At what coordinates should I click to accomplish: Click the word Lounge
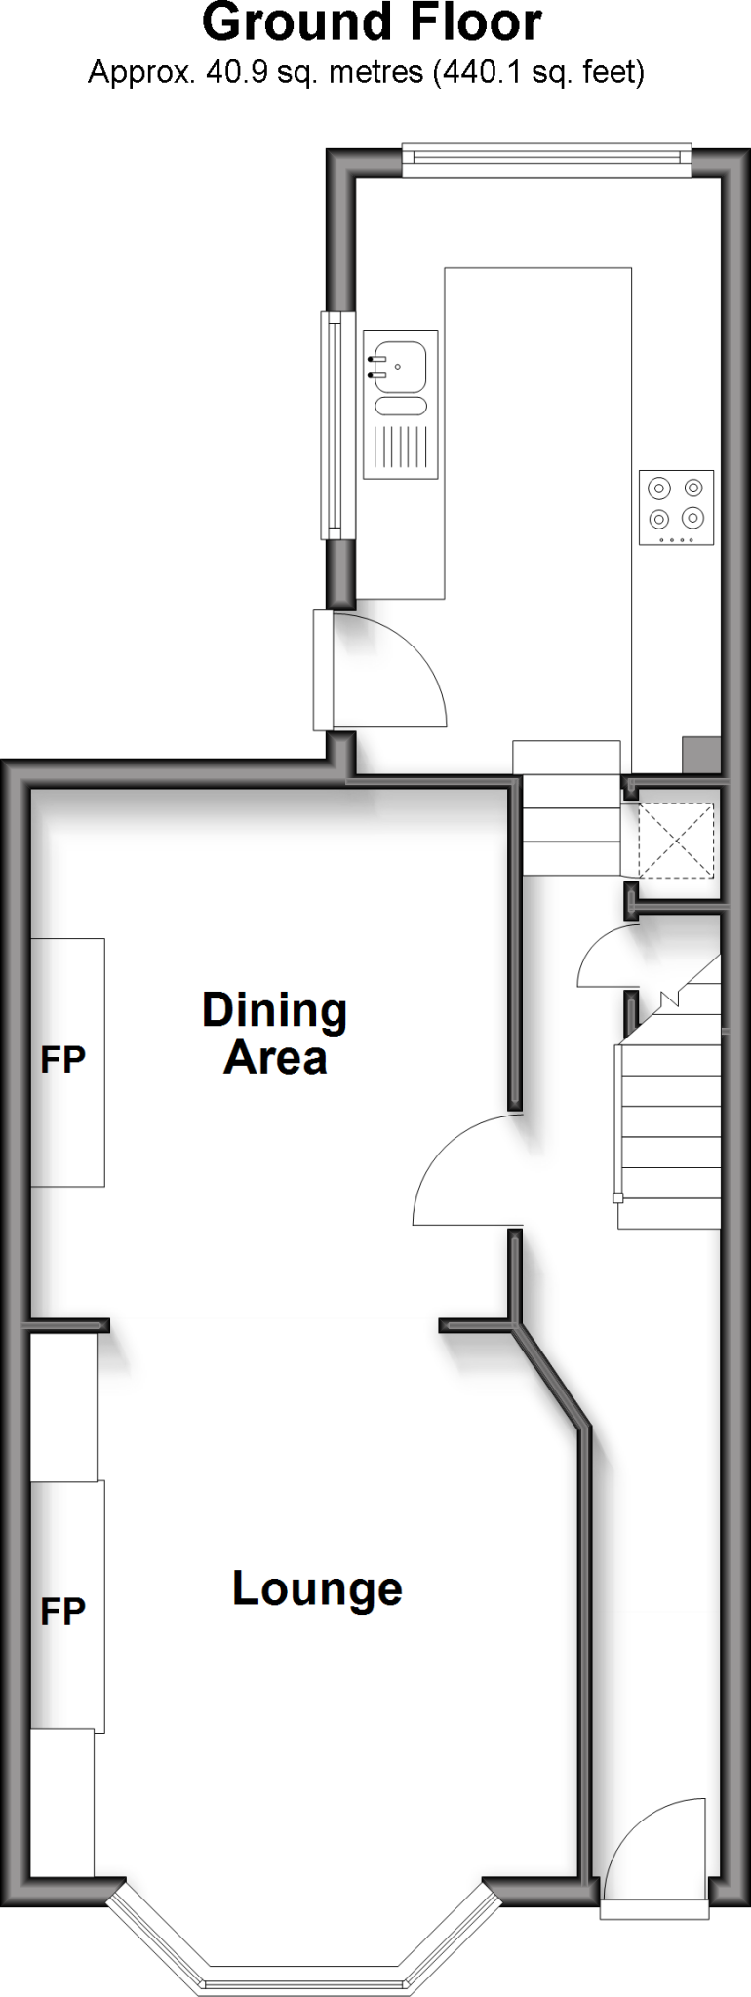coord(317,1589)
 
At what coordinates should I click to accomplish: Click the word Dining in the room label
coord(274,1010)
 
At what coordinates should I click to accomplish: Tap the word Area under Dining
coord(274,1058)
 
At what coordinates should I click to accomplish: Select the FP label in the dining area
coord(63,1060)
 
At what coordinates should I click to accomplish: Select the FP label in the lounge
coord(63,1611)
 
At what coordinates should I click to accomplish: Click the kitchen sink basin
coord(399,364)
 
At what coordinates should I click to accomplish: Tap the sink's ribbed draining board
coord(400,449)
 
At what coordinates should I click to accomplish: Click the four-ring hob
coord(676,507)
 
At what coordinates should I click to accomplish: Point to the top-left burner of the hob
coord(660,489)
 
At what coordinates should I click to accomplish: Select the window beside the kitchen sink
coord(336,424)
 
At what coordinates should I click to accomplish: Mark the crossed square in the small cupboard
coord(676,838)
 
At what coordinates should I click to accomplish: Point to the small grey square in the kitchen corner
coord(701,754)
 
